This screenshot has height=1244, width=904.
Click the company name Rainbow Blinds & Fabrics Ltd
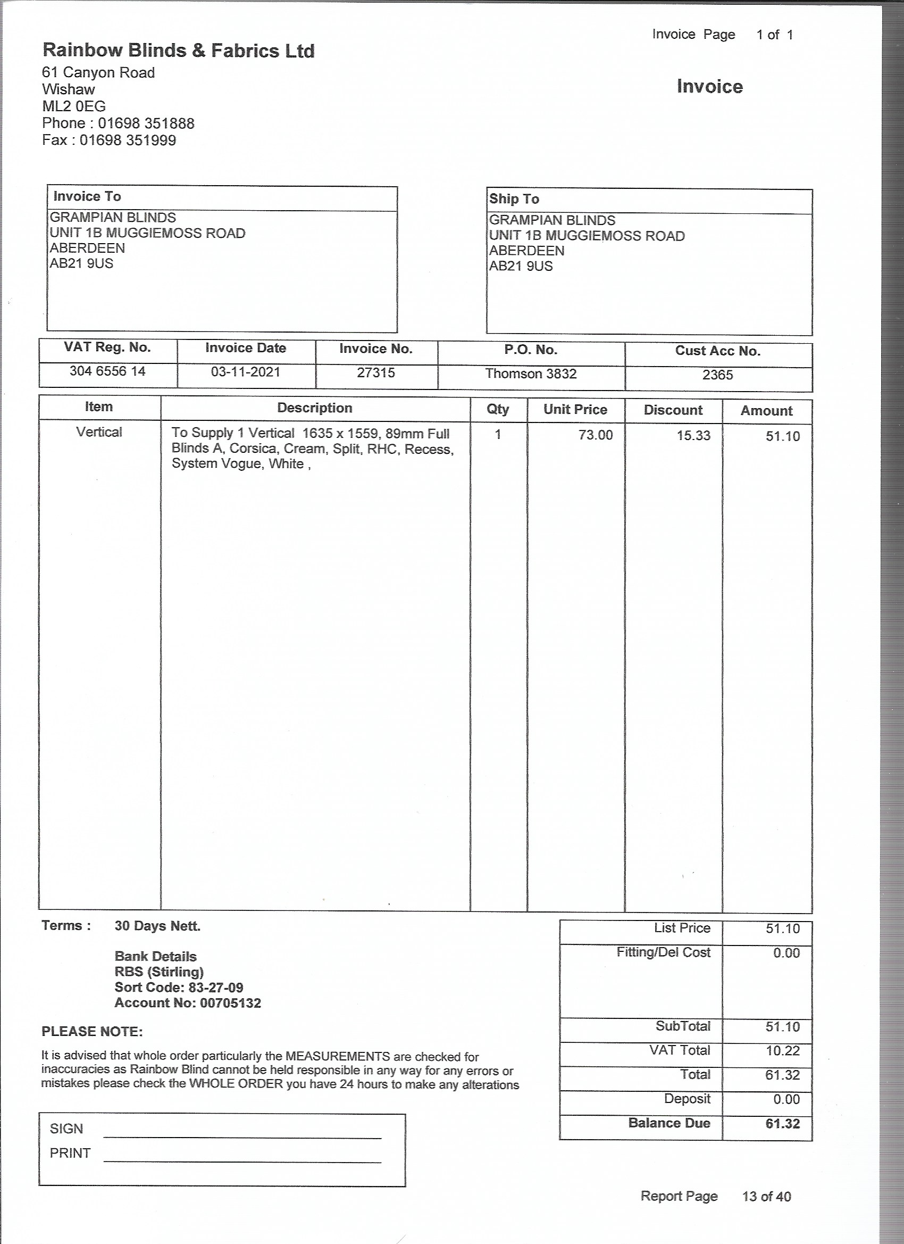click(178, 51)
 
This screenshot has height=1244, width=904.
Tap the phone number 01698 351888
click(146, 123)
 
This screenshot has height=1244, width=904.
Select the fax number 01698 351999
click(128, 140)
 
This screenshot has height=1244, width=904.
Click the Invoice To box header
click(87, 196)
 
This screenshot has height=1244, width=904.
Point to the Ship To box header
click(514, 199)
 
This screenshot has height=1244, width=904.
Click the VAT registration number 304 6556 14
click(107, 371)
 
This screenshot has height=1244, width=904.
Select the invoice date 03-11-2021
click(245, 372)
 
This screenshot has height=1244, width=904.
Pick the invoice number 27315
click(375, 373)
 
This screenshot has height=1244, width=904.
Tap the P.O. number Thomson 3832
click(531, 374)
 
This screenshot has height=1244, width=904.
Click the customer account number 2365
click(717, 375)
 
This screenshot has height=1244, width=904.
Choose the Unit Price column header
click(575, 410)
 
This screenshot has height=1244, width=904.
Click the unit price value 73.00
click(596, 435)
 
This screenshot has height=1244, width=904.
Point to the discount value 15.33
click(693, 436)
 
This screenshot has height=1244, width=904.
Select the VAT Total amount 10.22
click(782, 1050)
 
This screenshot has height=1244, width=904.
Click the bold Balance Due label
click(669, 1123)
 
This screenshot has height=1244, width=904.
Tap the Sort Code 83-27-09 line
click(179, 988)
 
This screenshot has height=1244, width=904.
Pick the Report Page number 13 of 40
click(766, 1196)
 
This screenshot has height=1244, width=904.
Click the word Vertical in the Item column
click(99, 432)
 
